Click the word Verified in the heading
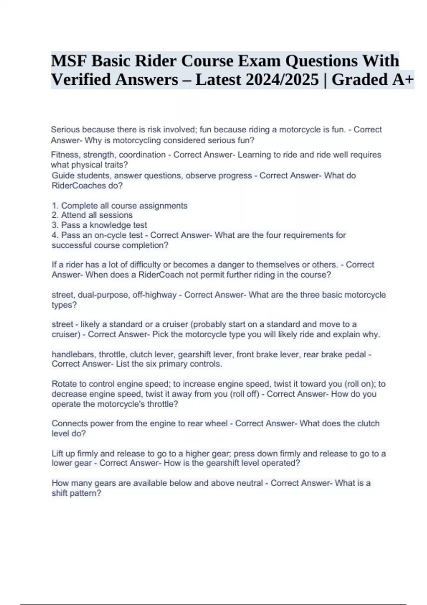click(x=80, y=79)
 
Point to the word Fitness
click(x=64, y=155)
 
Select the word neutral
click(x=249, y=483)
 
